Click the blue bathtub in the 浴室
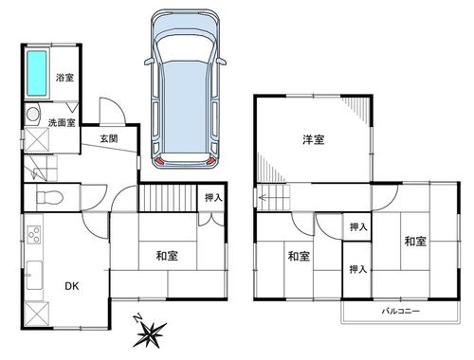pos(37,73)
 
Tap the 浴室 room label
pos(64,78)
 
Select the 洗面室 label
pos(62,122)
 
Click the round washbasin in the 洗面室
pos(32,114)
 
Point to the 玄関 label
pos(109,138)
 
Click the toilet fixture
pos(49,198)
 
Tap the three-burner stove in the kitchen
pos(34,234)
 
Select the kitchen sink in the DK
pos(34,275)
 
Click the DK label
pos(72,286)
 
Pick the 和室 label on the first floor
pos(167,256)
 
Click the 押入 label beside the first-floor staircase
pos(213,198)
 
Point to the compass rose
pos(150,334)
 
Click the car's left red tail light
pos(160,162)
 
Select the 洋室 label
pos(313,139)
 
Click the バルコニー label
pos(401,312)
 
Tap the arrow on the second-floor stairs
pos(263,198)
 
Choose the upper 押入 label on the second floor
pos(358,226)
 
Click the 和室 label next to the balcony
pos(415,242)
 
